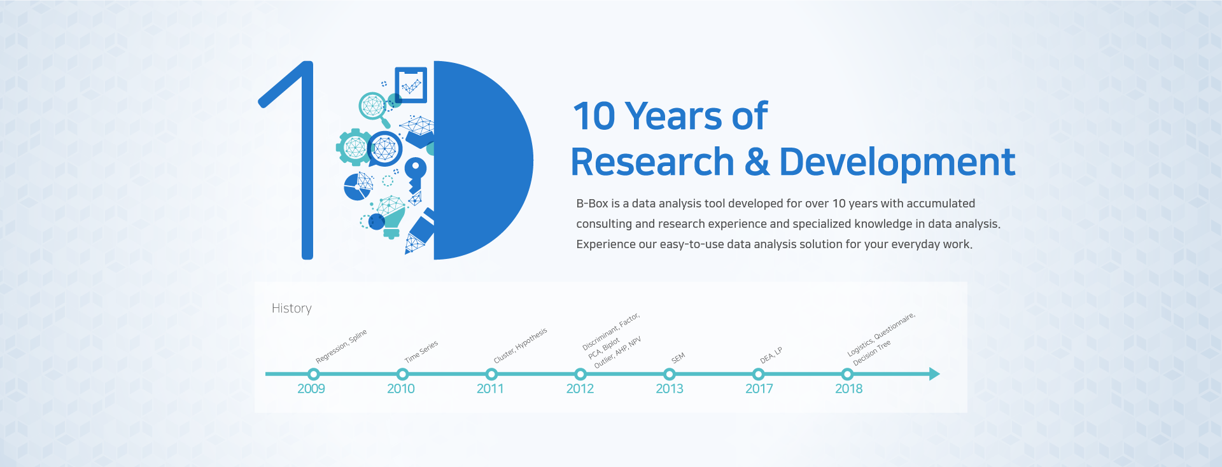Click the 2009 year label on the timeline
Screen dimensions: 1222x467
[311, 389]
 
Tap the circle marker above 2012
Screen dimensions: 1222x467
[580, 374]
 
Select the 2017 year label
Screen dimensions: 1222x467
[759, 389]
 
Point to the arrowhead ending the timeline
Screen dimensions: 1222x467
[934, 374]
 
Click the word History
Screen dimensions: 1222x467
[291, 309]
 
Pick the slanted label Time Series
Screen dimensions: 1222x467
[421, 352]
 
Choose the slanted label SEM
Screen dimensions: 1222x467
[678, 358]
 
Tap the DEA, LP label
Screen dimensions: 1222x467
[771, 356]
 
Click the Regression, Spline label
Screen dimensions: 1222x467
[341, 346]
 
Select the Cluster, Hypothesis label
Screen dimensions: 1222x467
[520, 345]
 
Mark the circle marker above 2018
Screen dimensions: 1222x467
[847, 374]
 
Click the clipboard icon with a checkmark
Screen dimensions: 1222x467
[411, 85]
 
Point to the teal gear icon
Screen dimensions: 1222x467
[354, 148]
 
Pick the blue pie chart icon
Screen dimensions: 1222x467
[358, 187]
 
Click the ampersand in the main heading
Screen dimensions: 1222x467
[757, 162]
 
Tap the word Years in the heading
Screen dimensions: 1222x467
[674, 116]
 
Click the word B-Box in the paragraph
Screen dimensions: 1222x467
[592, 204]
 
